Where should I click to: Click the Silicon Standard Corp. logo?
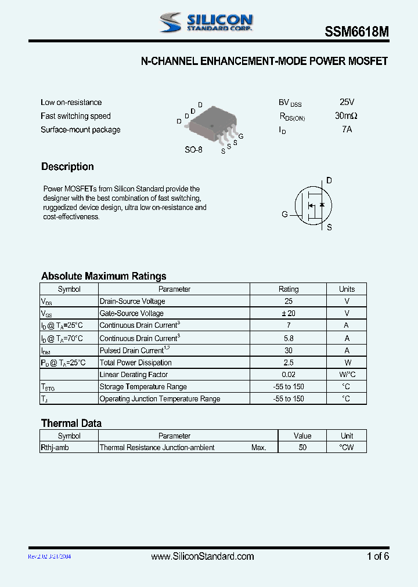point(206,22)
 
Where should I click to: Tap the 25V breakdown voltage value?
point(347,102)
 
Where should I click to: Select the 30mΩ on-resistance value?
point(347,116)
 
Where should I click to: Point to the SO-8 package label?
point(193,150)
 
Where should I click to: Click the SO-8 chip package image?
point(212,124)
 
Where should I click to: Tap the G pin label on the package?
point(241,136)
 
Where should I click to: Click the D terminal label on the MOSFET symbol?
point(329,181)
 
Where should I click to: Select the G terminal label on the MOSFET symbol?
point(284,214)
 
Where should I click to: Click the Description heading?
point(67,167)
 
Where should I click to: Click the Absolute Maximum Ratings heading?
point(103,276)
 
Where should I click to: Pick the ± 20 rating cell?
point(289,313)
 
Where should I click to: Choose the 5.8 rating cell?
point(289,338)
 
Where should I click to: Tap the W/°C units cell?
point(347,375)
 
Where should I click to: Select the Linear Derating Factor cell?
point(134,375)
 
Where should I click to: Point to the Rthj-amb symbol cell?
point(56,447)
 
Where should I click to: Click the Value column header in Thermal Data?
point(302,436)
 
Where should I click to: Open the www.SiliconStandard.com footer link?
point(202,556)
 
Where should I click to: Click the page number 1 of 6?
point(377,556)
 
